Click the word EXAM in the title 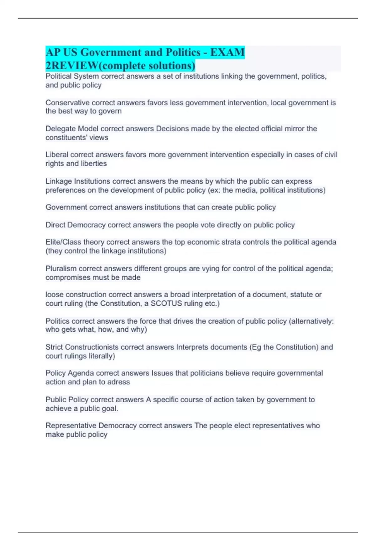(227, 52)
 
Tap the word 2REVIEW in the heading (72, 66)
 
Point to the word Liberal (57, 155)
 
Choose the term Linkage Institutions (78, 181)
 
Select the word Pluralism (61, 269)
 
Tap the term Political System (72, 76)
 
